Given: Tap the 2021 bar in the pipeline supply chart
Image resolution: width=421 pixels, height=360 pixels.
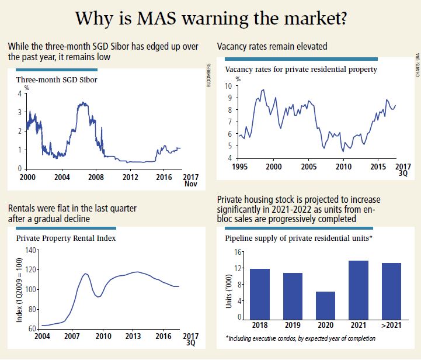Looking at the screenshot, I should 358,289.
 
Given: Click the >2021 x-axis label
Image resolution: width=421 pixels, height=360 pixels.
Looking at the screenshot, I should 391,325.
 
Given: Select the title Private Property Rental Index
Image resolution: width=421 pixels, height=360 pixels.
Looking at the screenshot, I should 65,238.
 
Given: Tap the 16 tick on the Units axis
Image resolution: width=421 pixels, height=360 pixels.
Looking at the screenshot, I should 238,252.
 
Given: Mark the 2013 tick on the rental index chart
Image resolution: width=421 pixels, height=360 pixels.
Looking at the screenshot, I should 134,337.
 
